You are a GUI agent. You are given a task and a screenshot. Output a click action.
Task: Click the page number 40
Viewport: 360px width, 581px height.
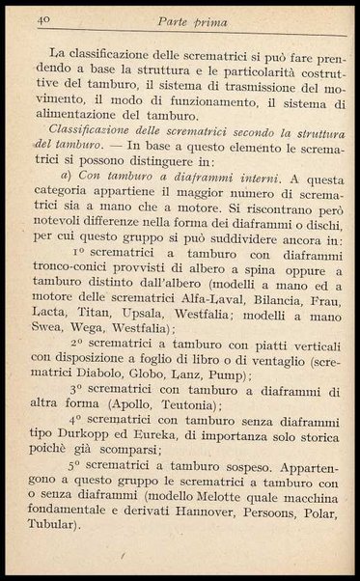[43, 18]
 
